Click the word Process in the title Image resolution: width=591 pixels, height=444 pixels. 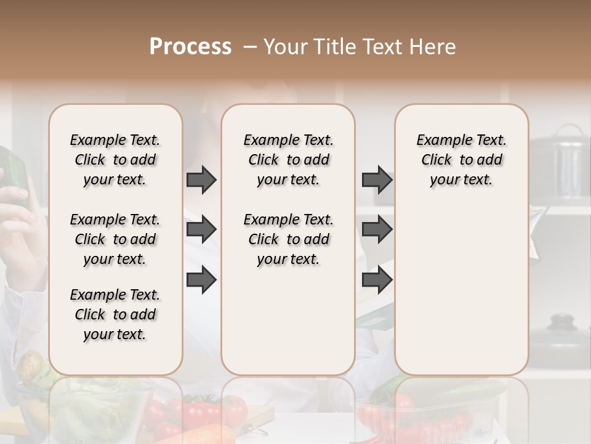[x=190, y=47]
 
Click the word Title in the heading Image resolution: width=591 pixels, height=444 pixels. [x=335, y=47]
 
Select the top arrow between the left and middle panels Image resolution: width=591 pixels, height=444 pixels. [x=201, y=179]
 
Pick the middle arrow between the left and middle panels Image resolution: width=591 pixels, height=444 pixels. [x=201, y=229]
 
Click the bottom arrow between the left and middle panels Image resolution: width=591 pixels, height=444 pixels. [x=201, y=279]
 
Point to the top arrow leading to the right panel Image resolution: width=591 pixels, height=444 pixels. [x=377, y=179]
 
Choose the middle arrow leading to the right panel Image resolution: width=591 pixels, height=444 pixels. [x=377, y=229]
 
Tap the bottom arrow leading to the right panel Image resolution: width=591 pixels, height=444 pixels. [x=377, y=279]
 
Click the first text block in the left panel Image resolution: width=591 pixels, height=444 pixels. [x=115, y=160]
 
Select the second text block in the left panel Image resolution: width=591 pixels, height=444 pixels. [x=115, y=239]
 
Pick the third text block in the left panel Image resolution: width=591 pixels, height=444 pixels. [x=115, y=314]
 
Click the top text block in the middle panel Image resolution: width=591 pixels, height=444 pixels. [x=289, y=160]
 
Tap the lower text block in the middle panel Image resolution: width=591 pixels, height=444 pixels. [x=289, y=239]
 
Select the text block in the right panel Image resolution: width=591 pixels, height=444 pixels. [x=462, y=160]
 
